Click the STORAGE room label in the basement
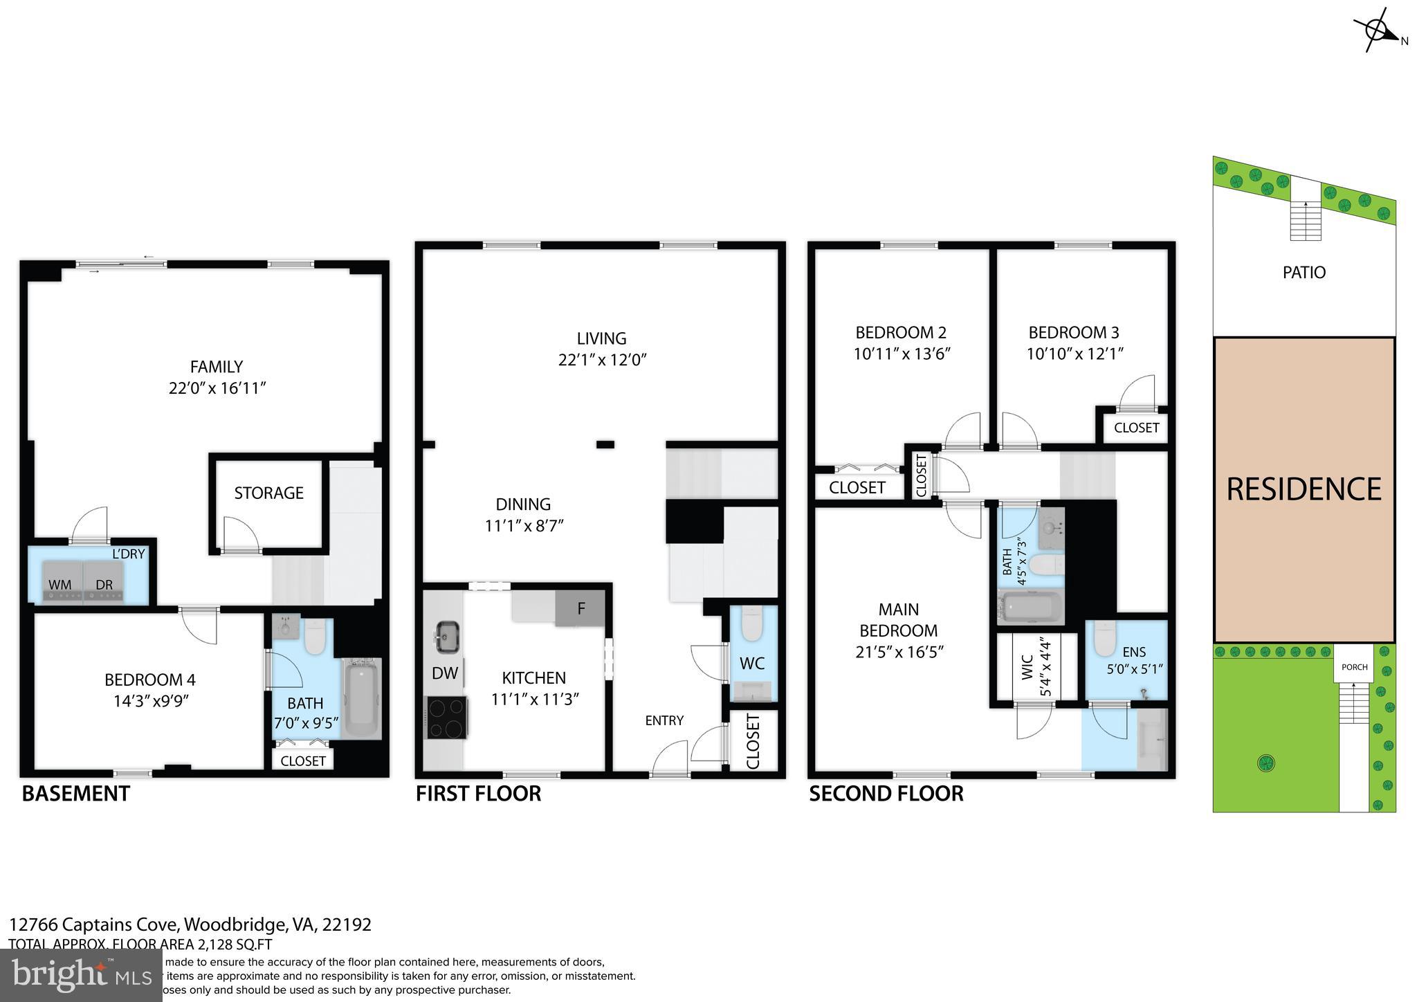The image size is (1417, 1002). tap(268, 493)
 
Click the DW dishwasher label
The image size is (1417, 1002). tap(445, 673)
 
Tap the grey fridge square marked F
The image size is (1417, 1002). tap(581, 609)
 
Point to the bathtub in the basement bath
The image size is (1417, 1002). tap(361, 699)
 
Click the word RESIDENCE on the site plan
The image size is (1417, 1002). tap(1304, 489)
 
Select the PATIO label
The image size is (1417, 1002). tap(1304, 272)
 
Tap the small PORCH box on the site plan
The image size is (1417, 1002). tap(1354, 667)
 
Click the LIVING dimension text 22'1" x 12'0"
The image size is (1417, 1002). tap(602, 360)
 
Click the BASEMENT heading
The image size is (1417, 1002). tap(75, 794)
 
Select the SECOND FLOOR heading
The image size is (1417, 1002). tap(886, 794)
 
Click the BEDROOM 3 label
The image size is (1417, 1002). tap(1073, 332)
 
